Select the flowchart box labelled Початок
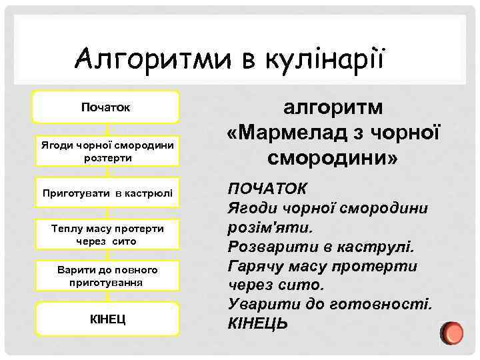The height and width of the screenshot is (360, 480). pos(107,107)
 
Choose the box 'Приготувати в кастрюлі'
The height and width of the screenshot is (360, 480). pos(107,193)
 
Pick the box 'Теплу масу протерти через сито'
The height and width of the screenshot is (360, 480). pos(107,235)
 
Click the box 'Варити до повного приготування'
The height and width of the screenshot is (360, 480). pos(107,276)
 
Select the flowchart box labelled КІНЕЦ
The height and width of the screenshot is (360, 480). pos(107,318)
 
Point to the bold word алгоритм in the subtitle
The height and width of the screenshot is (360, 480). pos(333,107)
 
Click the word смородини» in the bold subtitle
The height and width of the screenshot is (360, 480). pos(333,159)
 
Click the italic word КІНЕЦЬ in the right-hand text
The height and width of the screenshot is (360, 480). pos(259,324)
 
